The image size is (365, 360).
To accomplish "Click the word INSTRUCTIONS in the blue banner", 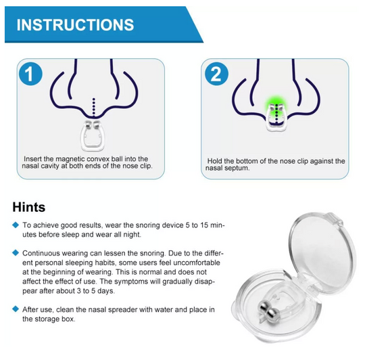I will (75, 25).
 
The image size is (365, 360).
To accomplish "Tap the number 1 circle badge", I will (28, 74).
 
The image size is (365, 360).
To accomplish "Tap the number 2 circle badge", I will (216, 74).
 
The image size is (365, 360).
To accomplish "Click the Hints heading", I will (29, 206).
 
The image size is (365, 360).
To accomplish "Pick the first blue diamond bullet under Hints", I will (16, 224).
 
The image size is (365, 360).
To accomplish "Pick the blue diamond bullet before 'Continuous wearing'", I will (16, 252).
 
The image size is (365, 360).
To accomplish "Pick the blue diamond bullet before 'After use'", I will (16, 309).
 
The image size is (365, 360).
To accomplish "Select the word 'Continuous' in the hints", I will (43, 252).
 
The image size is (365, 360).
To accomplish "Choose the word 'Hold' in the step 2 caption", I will (215, 161).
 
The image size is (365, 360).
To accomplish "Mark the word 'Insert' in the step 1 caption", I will (34, 157).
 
